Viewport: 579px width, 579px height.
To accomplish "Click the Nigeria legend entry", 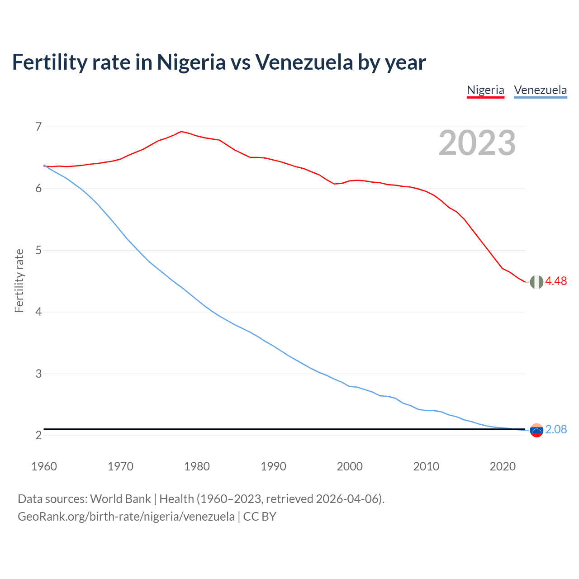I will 485,90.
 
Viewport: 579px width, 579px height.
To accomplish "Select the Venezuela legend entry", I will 540,90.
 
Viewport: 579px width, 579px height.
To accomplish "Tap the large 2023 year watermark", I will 477,143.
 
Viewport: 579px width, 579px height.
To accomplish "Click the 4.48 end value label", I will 556,281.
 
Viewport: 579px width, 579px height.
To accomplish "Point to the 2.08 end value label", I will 556,429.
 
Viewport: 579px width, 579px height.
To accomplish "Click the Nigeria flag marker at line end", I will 536,282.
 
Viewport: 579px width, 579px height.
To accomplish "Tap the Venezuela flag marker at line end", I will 536,431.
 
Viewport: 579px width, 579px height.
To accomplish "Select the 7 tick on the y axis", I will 38,127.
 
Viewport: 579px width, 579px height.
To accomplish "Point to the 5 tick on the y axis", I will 38,250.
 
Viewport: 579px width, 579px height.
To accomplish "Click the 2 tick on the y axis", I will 38,436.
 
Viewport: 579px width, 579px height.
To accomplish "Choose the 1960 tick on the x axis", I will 44,466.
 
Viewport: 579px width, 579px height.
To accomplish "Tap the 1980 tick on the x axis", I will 197,466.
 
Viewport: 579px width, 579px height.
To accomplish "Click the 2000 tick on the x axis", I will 350,466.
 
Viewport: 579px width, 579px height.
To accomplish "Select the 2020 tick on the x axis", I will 503,466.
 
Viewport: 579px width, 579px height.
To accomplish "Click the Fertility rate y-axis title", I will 19,280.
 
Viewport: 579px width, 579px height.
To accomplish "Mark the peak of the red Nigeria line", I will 181,132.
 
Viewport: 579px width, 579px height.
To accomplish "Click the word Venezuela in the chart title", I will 304,62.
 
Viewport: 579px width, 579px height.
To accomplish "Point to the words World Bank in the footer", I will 120,499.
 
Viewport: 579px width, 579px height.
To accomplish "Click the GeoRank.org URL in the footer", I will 126,517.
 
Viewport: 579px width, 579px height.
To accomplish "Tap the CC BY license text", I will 260,517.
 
